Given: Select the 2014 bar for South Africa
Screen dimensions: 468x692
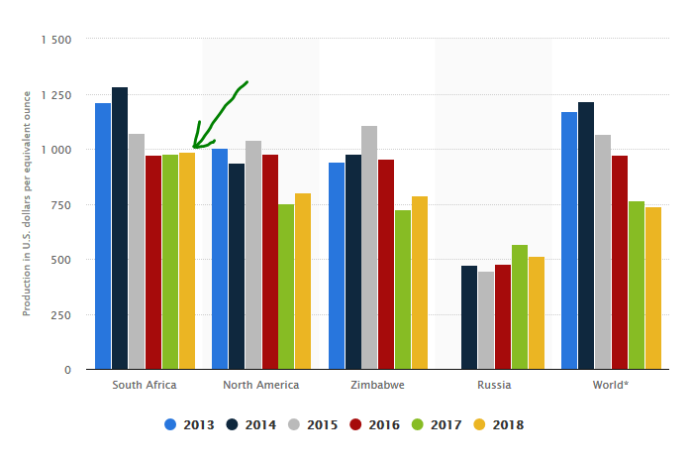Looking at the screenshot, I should pos(120,228).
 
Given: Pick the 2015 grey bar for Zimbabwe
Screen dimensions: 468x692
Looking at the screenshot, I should pos(369,248).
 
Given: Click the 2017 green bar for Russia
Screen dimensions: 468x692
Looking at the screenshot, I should pos(520,307).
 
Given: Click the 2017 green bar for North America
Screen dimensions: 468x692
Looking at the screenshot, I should pos(286,287).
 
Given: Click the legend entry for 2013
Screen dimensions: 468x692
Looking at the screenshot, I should pos(189,424).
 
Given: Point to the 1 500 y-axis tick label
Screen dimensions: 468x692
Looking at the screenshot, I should pos(56,40).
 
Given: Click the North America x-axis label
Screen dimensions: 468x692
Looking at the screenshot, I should pos(260,385).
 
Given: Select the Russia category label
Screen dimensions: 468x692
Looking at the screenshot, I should pos(494,385).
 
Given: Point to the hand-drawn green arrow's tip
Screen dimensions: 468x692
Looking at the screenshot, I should pos(194,148).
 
